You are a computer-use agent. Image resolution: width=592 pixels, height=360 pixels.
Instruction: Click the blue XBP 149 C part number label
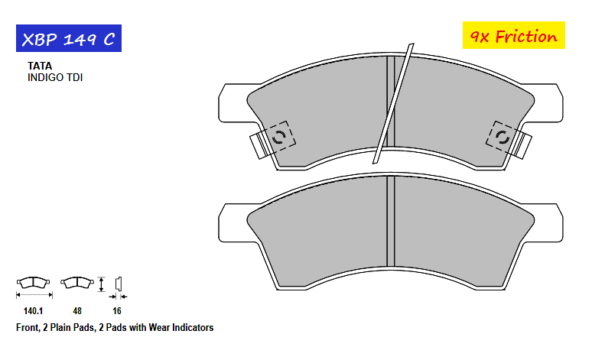coord(69,38)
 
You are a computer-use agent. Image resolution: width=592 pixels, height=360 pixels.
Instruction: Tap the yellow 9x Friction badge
coord(513,35)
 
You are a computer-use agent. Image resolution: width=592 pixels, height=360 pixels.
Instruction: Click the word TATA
coord(40,66)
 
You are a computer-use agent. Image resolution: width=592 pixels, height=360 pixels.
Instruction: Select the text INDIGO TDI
coord(55,77)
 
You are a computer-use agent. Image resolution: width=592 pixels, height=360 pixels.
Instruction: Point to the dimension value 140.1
coord(33,311)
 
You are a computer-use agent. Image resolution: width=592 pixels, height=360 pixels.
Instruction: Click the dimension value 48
coord(77,311)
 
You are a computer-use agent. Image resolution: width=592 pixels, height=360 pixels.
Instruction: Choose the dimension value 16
coord(117,311)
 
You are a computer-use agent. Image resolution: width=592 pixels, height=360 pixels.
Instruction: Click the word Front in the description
coord(28,328)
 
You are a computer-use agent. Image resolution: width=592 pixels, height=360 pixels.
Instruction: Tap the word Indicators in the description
coord(193,328)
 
